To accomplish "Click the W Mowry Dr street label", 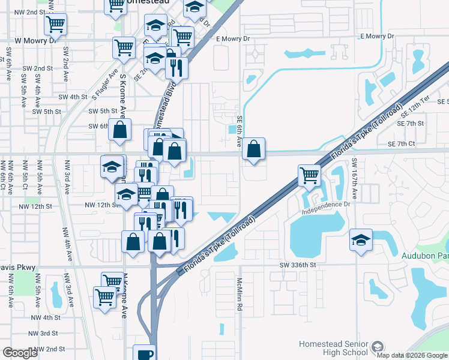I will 35,40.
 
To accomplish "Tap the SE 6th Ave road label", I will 239,132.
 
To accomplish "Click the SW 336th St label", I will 297,265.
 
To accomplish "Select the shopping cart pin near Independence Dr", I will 309,176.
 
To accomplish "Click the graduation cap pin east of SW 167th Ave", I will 361,240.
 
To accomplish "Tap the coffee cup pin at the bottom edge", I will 145,353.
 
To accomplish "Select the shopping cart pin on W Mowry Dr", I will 124,47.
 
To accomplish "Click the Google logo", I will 20,353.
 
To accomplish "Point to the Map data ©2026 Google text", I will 412,355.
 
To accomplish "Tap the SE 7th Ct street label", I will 402,144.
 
